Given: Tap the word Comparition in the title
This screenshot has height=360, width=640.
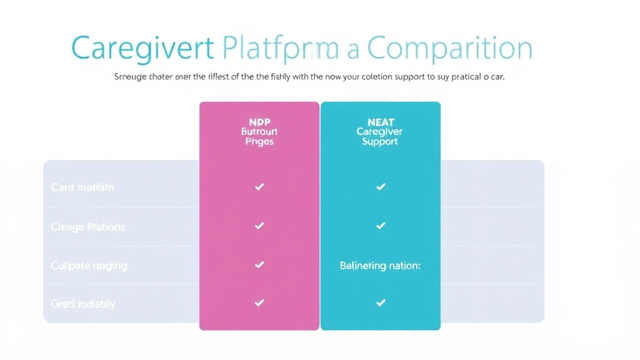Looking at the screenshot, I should (x=449, y=49).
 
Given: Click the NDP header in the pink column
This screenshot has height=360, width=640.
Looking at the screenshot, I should (x=259, y=122).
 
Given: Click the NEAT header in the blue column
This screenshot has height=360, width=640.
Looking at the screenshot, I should (x=380, y=122).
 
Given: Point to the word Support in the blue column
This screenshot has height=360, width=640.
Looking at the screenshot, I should (x=380, y=142).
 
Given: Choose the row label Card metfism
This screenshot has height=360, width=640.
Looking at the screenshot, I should (x=82, y=187).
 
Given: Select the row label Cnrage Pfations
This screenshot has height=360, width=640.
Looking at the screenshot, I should (x=87, y=227).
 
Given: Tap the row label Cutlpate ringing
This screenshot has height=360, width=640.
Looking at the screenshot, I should (x=89, y=266).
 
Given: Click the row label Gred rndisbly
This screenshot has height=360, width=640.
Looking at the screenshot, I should (x=83, y=304).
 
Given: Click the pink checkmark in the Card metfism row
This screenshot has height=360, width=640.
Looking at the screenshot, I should (x=259, y=187).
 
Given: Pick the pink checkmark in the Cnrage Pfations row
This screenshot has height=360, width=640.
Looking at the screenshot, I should (x=259, y=226).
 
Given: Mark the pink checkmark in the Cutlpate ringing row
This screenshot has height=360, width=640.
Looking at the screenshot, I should (x=259, y=265).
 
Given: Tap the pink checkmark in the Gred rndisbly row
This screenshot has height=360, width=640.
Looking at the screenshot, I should (x=259, y=303).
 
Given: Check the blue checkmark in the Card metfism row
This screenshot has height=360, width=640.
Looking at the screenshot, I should (x=380, y=187).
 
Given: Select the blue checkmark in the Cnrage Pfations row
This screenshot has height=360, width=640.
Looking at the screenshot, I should (x=380, y=226).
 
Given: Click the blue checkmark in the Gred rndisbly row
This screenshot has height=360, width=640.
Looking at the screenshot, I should (x=380, y=303).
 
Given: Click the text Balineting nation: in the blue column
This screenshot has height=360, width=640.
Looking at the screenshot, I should (x=380, y=266).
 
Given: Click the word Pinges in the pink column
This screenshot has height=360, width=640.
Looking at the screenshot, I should (x=259, y=142).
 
